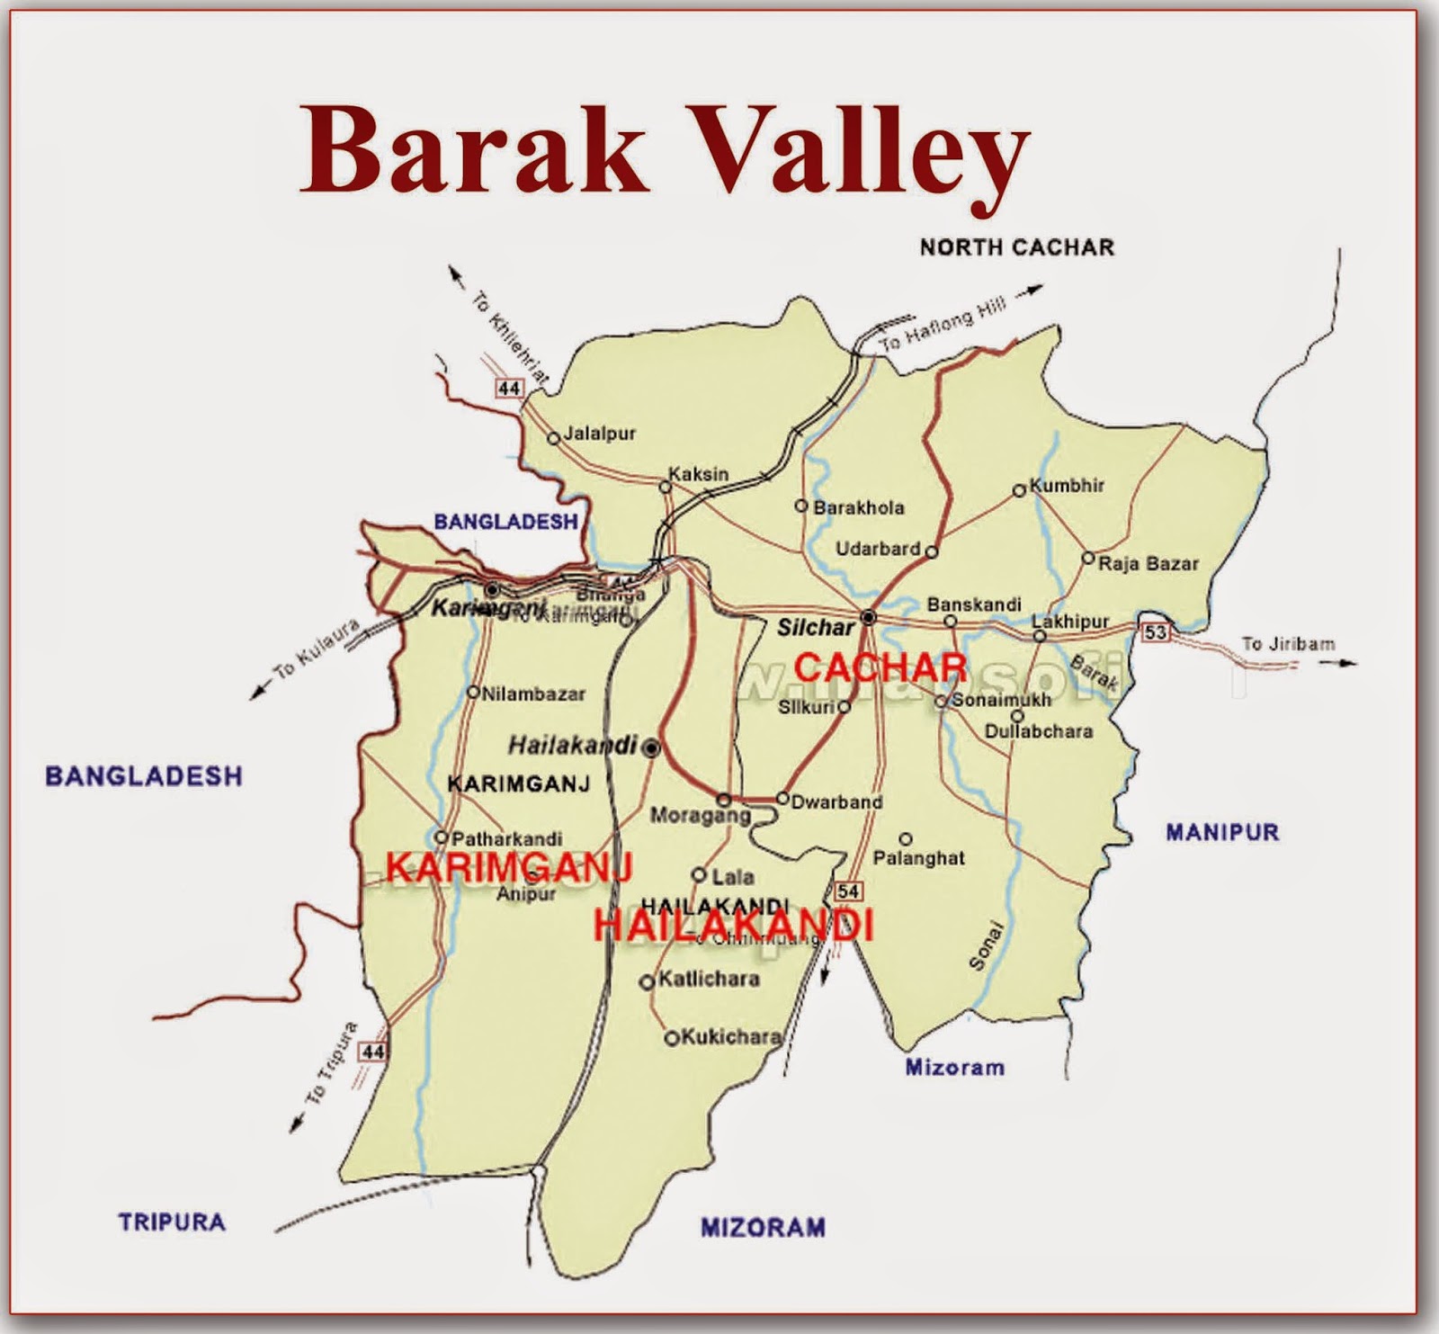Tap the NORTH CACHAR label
(x=1016, y=247)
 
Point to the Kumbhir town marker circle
(x=1019, y=490)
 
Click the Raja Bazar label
(x=1149, y=564)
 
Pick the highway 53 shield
(x=1155, y=632)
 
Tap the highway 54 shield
(x=848, y=891)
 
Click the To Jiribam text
(x=1288, y=644)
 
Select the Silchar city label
(x=816, y=627)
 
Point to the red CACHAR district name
(x=880, y=667)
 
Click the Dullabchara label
(x=1038, y=731)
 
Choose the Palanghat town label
(x=918, y=858)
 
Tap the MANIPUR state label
(x=1222, y=832)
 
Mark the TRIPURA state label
(x=172, y=1222)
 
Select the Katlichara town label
(x=709, y=979)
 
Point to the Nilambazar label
(x=533, y=694)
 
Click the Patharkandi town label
(x=506, y=838)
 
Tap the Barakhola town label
(x=858, y=507)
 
